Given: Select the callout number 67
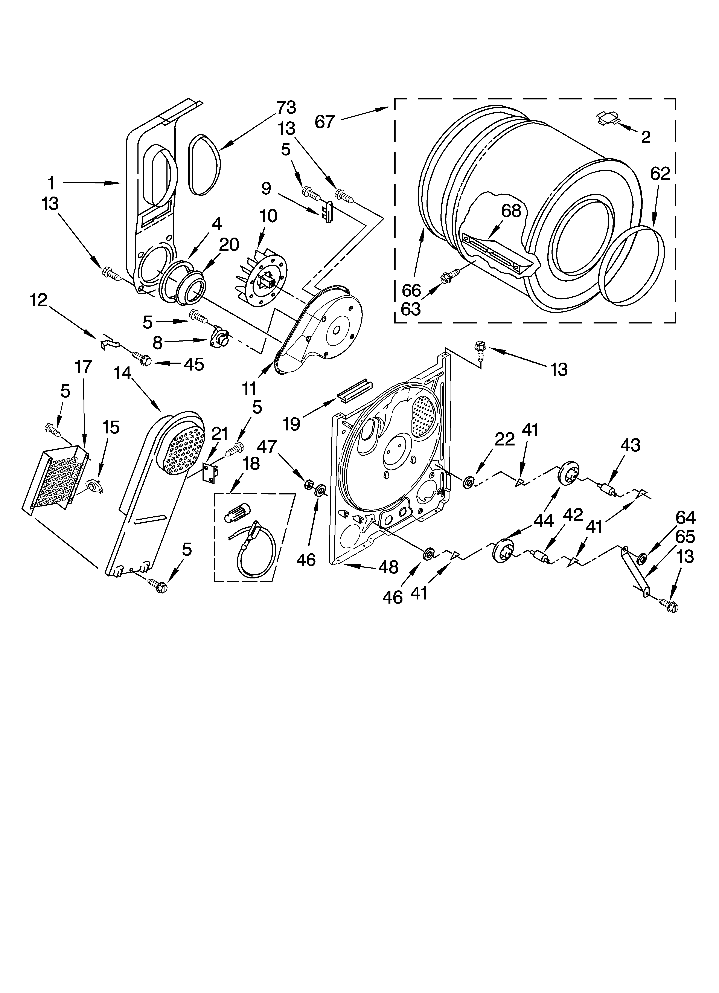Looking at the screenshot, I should [324, 122].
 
